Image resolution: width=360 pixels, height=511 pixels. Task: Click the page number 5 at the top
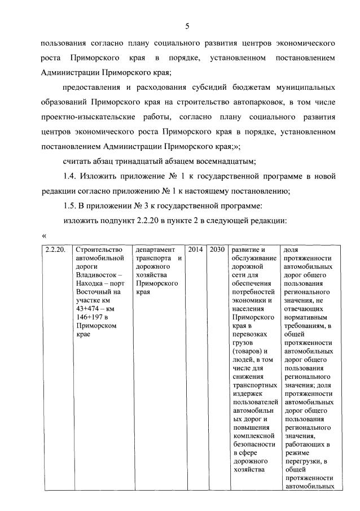click(187, 26)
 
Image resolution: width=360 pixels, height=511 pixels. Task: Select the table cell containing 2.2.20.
click(56, 250)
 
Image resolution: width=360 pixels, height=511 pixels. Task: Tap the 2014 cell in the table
click(195, 250)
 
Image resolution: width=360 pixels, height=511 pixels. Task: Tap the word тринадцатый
click(143, 161)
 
